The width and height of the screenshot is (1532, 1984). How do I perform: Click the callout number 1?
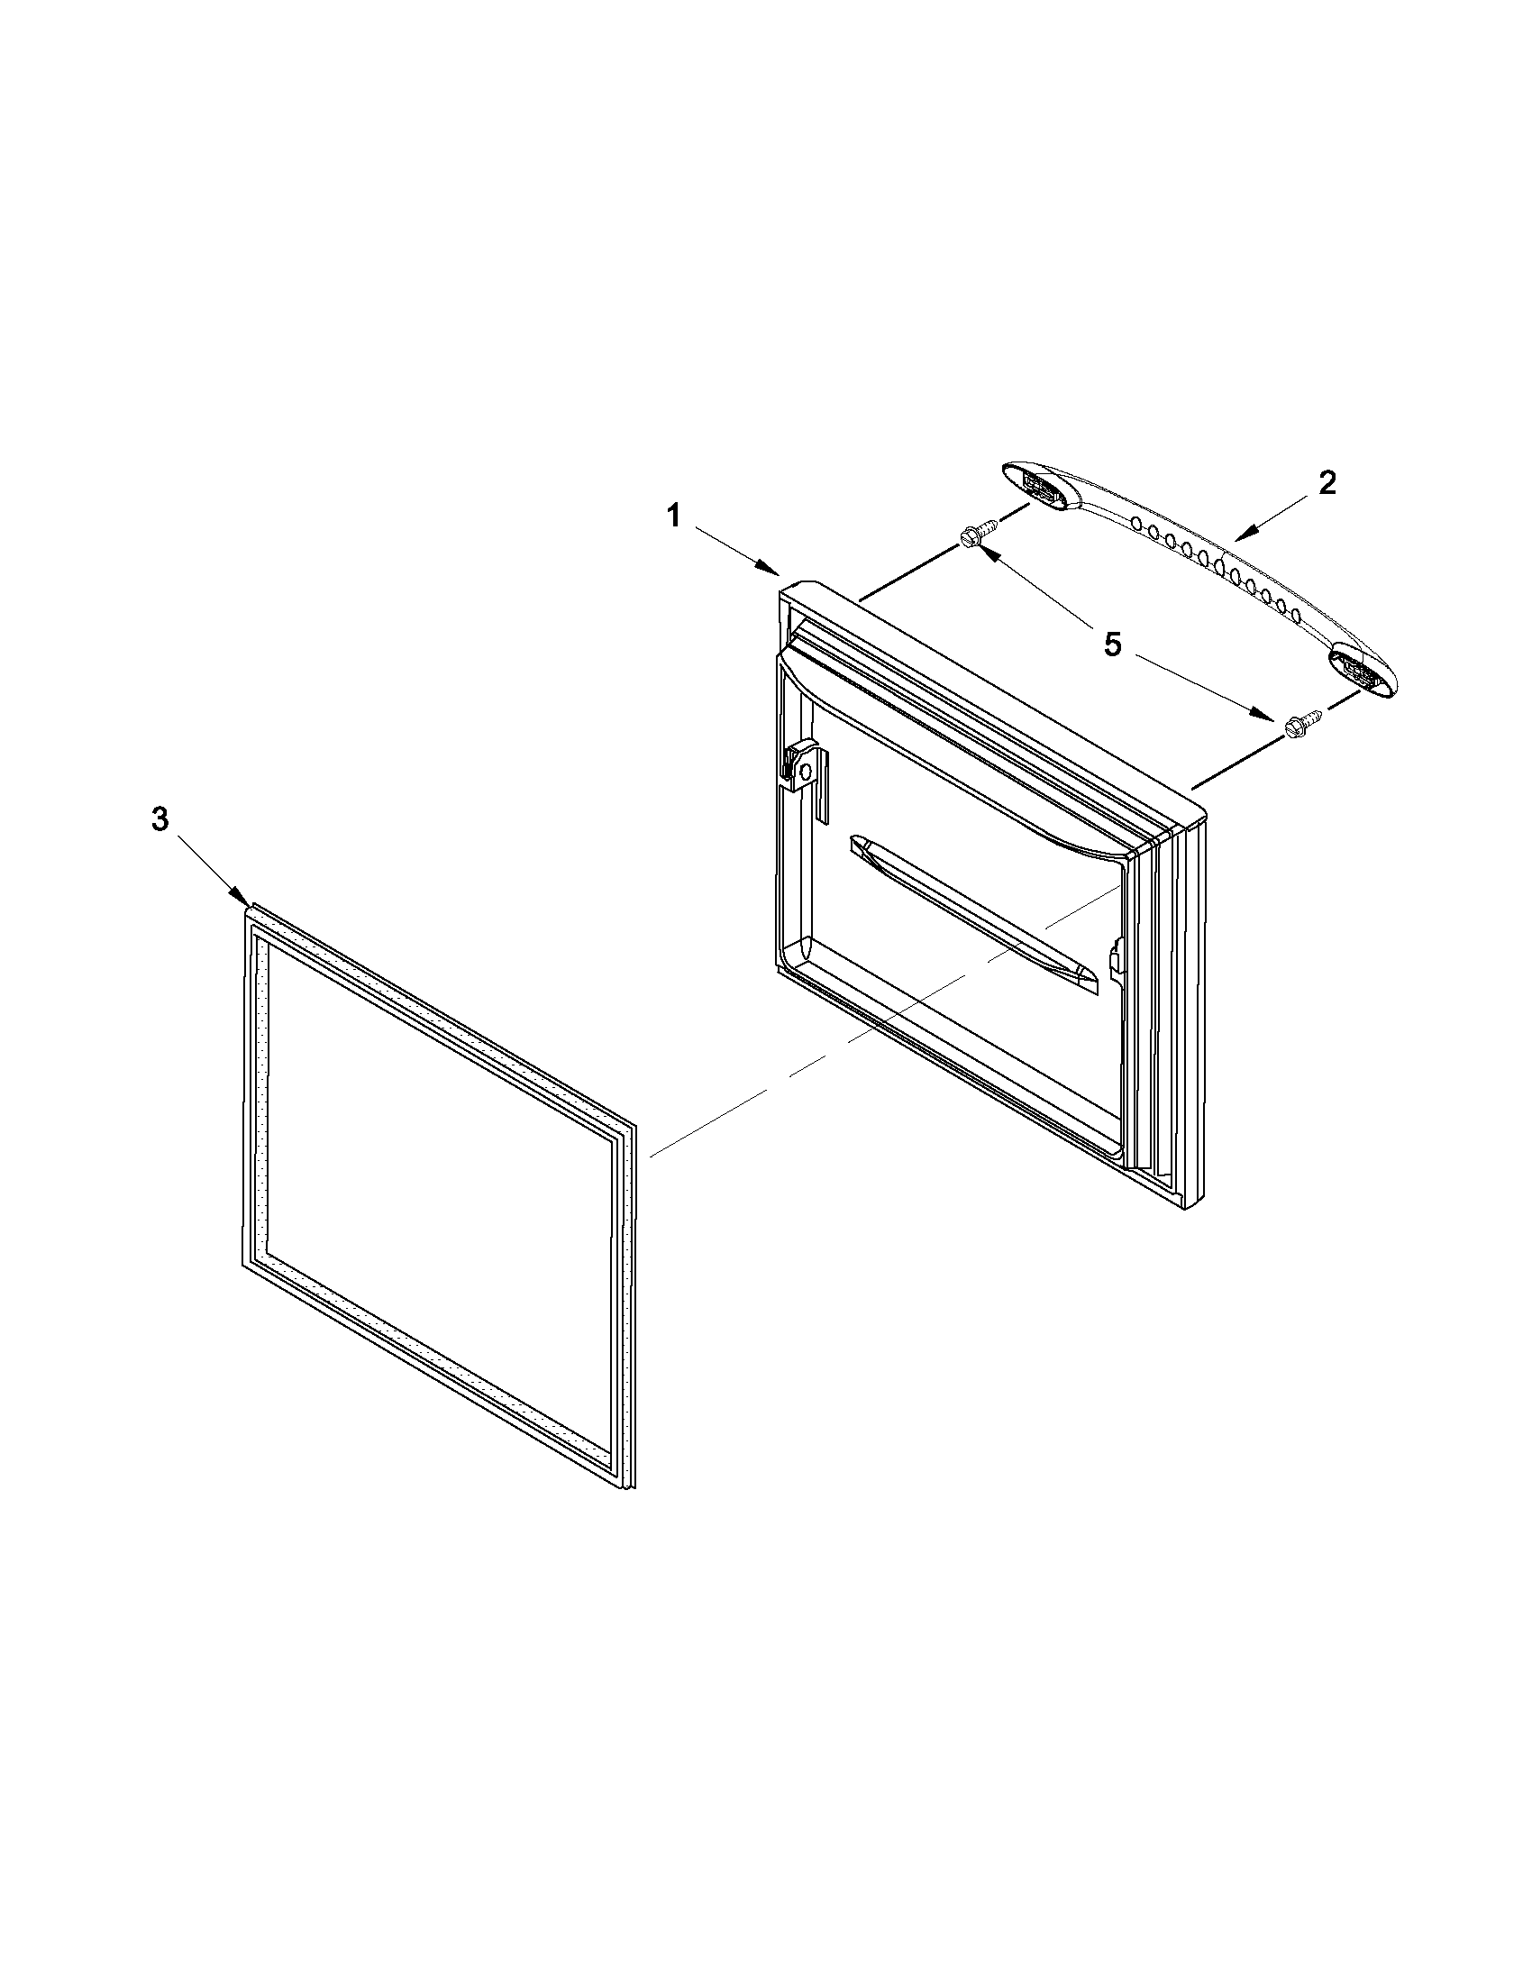coord(673,517)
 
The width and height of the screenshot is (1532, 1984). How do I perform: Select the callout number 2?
coord(1327,484)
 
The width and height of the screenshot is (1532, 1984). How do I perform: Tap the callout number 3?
coord(160,819)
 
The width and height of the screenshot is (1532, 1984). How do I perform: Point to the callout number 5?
coord(1112,645)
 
